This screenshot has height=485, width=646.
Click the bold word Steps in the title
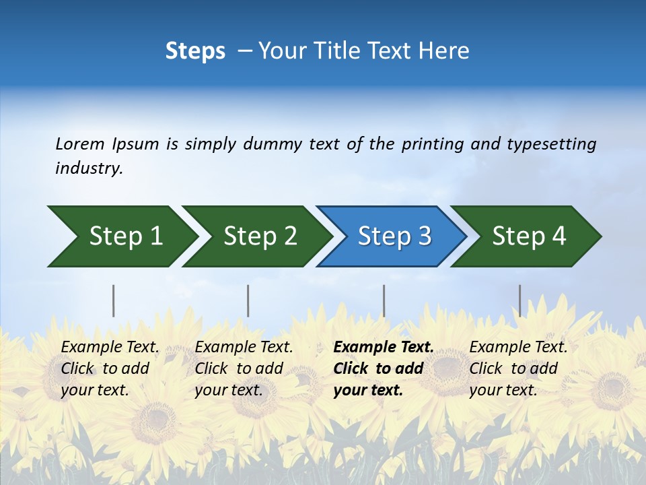coord(195,51)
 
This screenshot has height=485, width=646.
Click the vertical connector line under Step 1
coord(114,300)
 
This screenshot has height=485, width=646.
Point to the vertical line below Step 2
coord(248,300)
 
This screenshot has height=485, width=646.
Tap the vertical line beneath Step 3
coord(384,300)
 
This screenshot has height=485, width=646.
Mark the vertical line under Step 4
coord(519,300)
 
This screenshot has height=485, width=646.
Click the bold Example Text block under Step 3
coord(384,368)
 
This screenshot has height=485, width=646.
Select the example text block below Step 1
coord(110,368)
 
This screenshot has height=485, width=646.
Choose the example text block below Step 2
coord(244,368)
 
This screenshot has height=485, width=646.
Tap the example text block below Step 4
coord(518,368)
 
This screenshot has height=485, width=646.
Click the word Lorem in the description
coord(80,143)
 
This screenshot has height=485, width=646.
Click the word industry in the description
coord(89,168)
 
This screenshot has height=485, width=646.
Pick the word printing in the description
coord(433,144)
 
